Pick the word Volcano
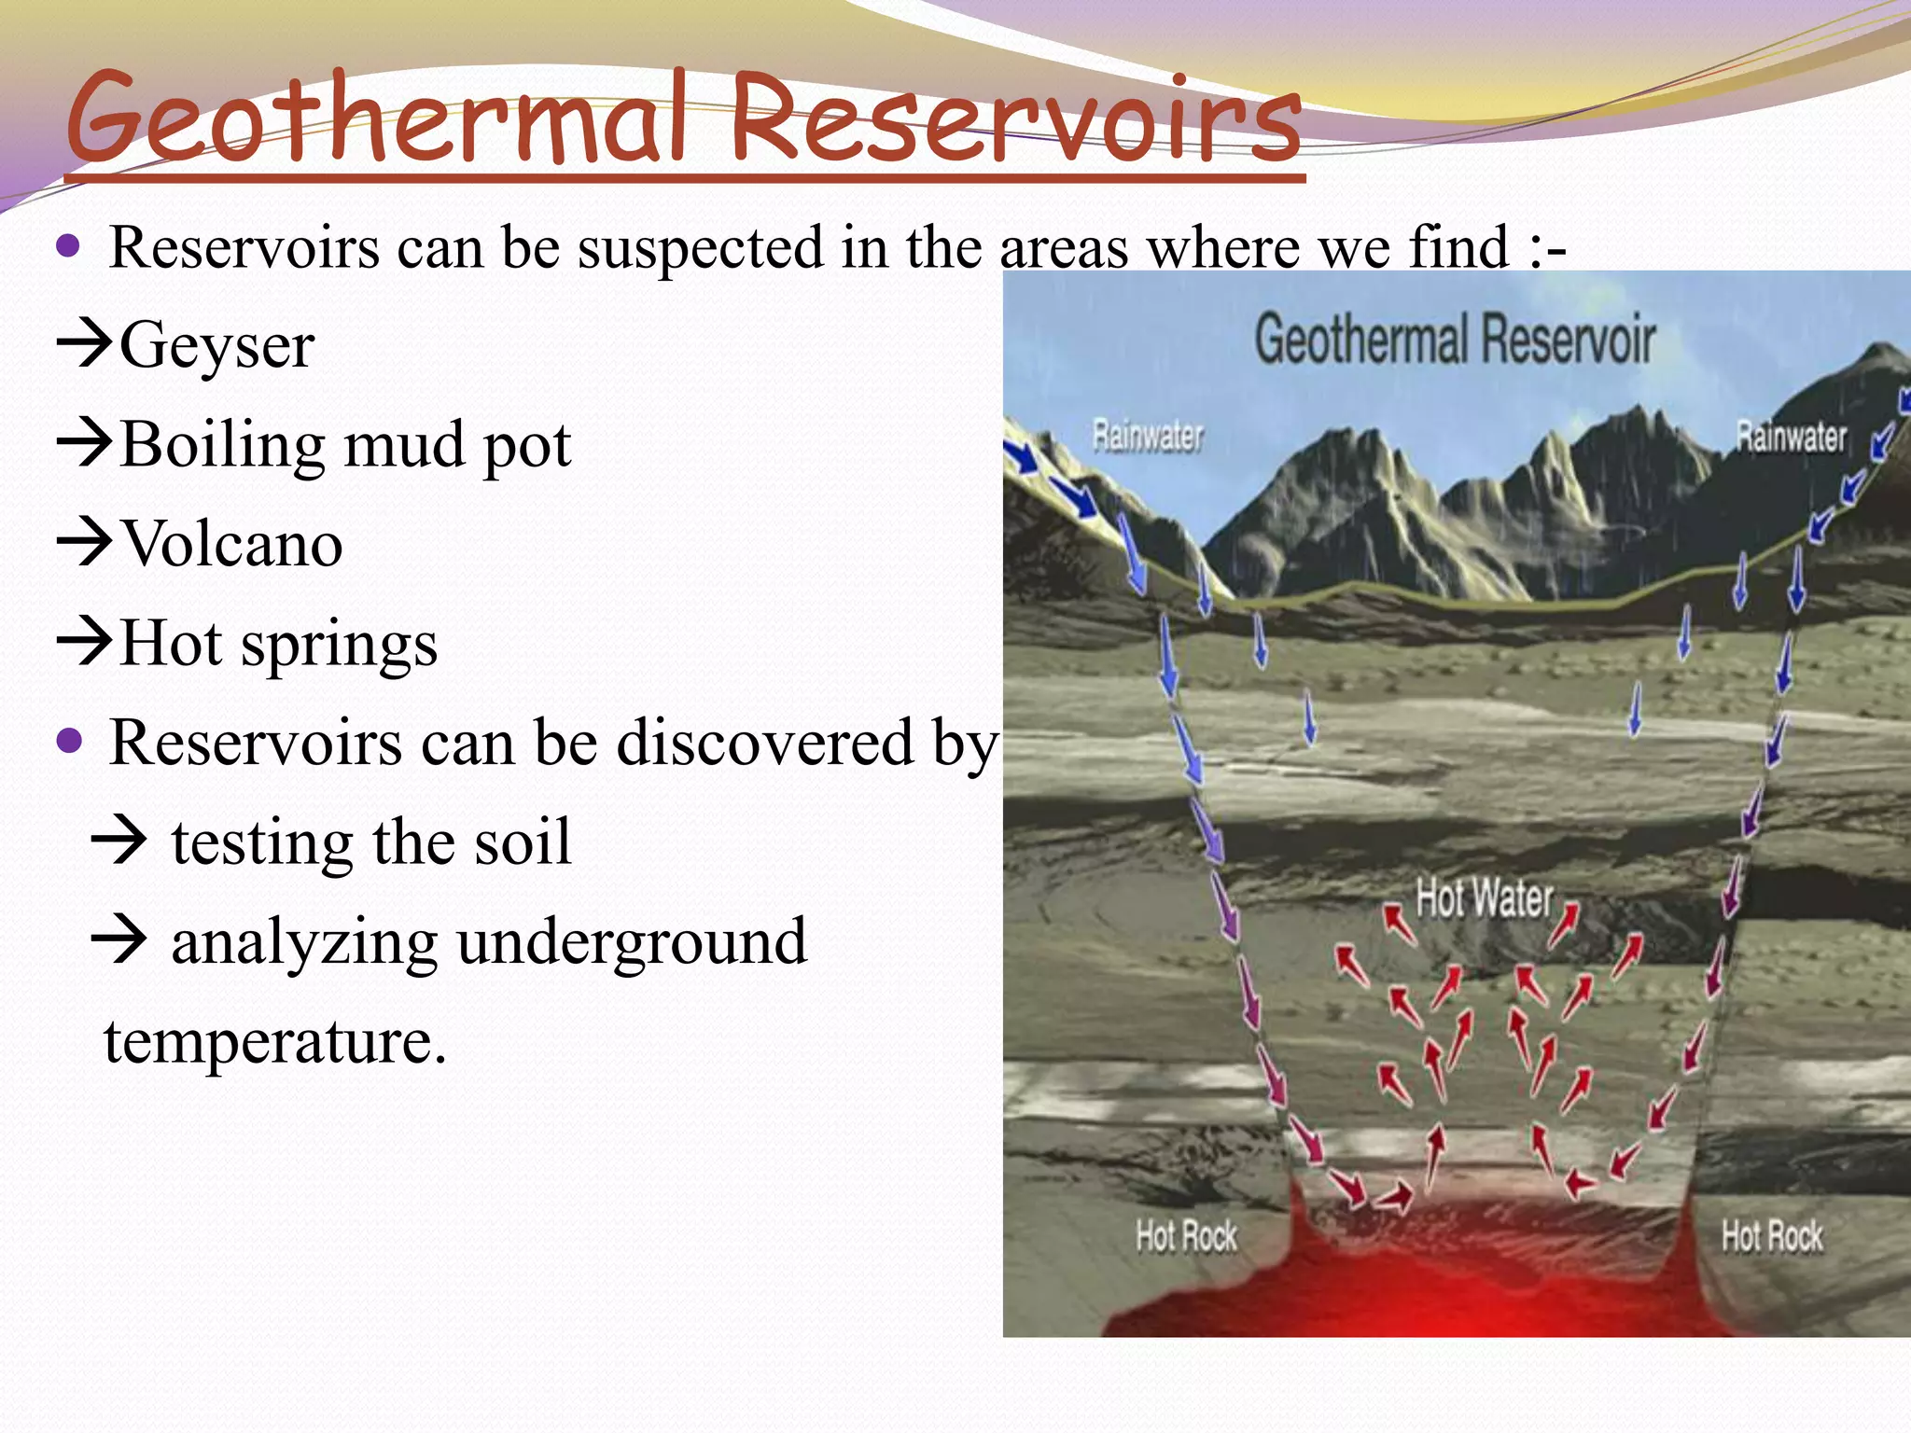[x=232, y=545]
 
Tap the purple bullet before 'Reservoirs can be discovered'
[x=69, y=742]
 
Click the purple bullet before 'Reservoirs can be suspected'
[x=69, y=246]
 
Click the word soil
[x=522, y=842]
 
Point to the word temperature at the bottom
[x=274, y=1041]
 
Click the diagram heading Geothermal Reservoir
[x=1454, y=340]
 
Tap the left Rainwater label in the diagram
[x=1148, y=436]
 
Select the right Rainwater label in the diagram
[x=1791, y=437]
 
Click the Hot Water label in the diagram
[x=1484, y=898]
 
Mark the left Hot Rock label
[x=1186, y=1236]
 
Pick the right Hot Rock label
[x=1771, y=1236]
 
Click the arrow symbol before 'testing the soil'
[x=119, y=840]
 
